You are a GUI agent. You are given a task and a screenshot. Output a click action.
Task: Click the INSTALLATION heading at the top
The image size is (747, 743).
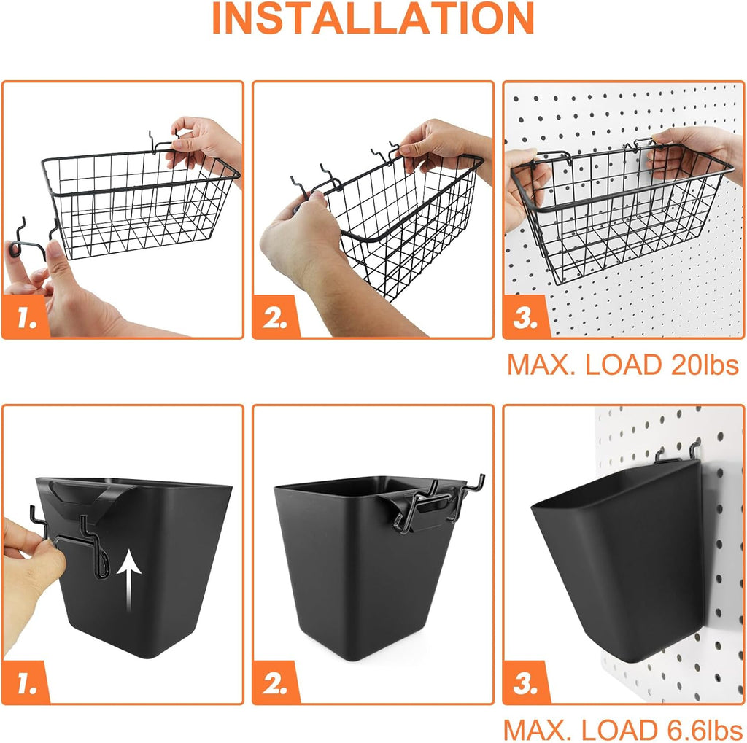coord(373,20)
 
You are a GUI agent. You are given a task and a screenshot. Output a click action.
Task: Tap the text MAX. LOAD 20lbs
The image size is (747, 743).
coord(623,365)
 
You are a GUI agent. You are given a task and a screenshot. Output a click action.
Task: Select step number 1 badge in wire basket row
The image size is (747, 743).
coord(26,318)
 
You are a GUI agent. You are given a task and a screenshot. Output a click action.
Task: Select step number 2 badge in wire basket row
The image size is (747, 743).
coord(276,318)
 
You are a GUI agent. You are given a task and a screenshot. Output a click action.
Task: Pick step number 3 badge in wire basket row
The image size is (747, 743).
coord(526,318)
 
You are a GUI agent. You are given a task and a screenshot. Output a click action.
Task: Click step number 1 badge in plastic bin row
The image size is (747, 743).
coord(26,683)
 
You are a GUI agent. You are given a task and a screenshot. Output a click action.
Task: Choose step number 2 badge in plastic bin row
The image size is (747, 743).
coord(276,683)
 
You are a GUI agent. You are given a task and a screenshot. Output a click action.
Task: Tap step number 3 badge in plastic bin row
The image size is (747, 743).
coord(526,683)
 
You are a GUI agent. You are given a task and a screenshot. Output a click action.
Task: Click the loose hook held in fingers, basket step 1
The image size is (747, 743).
coord(29,237)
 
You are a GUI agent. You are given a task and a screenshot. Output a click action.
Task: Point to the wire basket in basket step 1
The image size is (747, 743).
coord(139,208)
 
